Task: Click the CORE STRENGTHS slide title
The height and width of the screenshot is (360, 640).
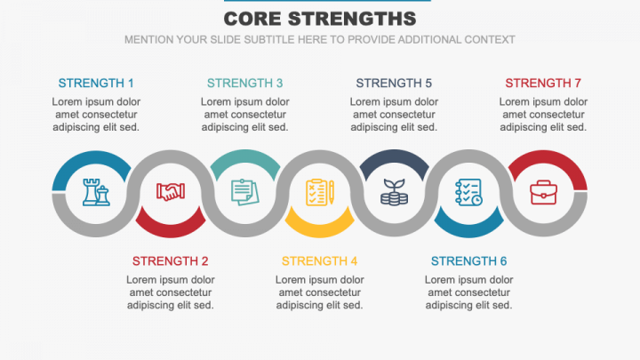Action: (x=320, y=19)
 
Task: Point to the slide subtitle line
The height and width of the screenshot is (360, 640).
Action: (x=320, y=39)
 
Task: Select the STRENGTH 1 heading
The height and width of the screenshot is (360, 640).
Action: (x=96, y=84)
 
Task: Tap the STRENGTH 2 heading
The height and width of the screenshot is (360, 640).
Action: (x=171, y=261)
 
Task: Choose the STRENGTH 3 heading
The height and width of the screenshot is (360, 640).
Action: (x=245, y=84)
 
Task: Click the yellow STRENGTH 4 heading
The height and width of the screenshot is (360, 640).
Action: (x=320, y=261)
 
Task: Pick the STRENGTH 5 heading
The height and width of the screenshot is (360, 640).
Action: (x=394, y=84)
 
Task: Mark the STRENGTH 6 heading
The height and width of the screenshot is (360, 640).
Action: (x=468, y=261)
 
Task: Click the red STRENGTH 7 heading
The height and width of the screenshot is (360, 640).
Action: (x=543, y=84)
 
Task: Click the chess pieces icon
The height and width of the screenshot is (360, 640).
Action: (x=96, y=192)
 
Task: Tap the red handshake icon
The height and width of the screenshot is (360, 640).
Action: (x=171, y=192)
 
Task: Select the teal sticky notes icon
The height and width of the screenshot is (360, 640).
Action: (x=244, y=192)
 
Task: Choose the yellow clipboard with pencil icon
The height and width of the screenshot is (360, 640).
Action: (x=319, y=192)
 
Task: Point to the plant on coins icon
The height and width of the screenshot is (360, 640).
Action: (x=394, y=192)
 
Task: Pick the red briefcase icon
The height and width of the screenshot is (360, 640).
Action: (x=543, y=192)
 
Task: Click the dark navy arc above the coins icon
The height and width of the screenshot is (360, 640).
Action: (x=394, y=157)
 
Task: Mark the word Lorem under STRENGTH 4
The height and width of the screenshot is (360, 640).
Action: (x=293, y=279)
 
